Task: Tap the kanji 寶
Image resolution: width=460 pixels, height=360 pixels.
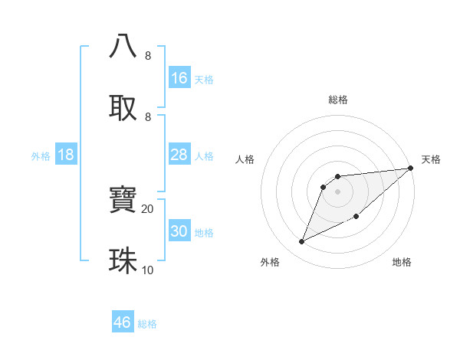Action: tap(123, 200)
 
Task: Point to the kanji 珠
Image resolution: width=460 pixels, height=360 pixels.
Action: tap(123, 260)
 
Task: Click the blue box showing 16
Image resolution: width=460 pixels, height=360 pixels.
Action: tap(179, 77)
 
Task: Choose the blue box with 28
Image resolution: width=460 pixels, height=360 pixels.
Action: tap(179, 155)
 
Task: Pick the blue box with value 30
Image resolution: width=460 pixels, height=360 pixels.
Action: tap(179, 231)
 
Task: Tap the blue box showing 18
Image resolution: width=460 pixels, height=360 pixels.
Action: tap(66, 155)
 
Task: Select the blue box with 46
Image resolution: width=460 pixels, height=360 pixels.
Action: tap(123, 322)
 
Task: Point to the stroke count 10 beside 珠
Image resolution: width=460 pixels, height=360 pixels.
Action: tap(147, 270)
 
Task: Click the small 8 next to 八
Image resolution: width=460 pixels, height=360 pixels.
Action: tap(147, 56)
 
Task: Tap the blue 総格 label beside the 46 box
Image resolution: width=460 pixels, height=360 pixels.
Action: tap(147, 324)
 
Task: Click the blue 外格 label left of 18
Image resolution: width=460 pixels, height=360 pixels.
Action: tap(41, 156)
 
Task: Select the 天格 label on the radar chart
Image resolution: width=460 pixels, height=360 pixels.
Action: tap(431, 159)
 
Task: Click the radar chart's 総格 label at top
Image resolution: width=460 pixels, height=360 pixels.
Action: tap(338, 100)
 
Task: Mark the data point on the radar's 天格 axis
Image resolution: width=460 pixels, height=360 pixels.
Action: tap(411, 168)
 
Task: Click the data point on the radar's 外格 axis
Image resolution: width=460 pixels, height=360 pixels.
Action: tap(302, 241)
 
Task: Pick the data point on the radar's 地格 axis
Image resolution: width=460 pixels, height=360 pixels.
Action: tap(356, 217)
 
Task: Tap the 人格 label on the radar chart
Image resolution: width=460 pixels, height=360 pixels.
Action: tap(245, 159)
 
